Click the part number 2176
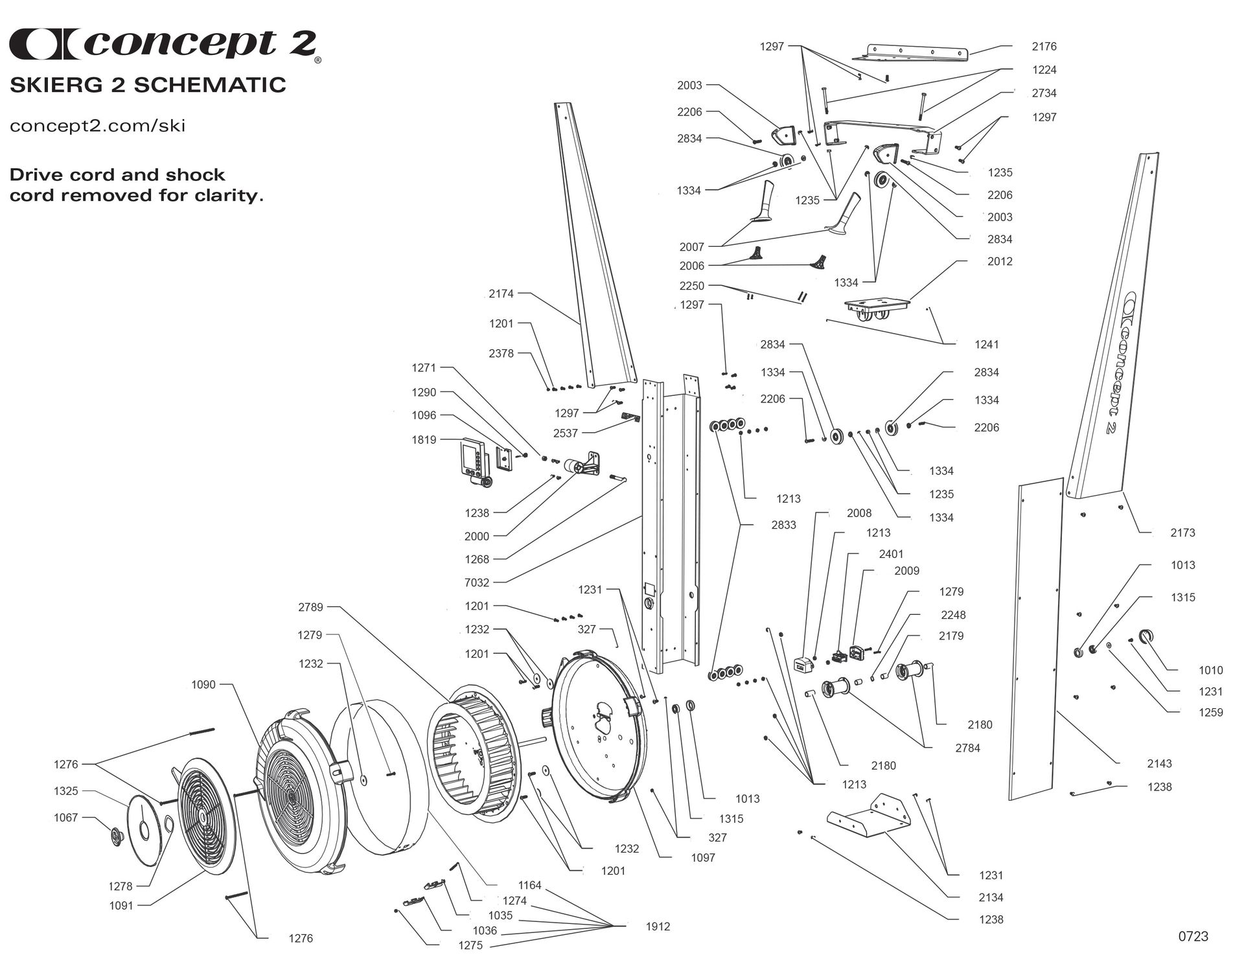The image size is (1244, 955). coord(1044,47)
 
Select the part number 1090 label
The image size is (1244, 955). coord(203,685)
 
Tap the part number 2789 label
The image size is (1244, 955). coord(310,607)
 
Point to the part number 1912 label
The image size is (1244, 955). coord(658,926)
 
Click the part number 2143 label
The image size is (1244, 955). coord(1159,764)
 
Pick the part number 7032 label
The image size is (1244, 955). coord(477,582)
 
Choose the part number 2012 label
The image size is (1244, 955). coord(1000,262)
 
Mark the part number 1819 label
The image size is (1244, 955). coord(424,439)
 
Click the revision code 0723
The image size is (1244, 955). coord(1193,936)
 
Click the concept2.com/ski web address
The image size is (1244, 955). coord(98,125)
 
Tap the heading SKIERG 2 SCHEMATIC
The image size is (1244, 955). coord(148,85)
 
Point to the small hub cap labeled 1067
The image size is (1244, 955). coord(117,836)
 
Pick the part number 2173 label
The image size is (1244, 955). coord(1182,533)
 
